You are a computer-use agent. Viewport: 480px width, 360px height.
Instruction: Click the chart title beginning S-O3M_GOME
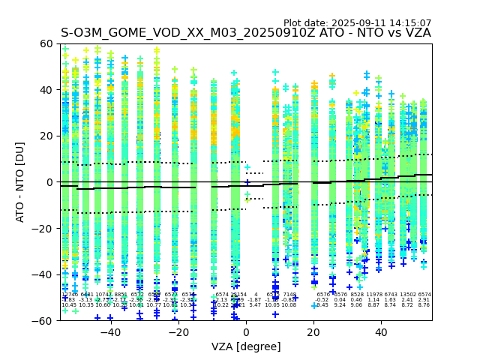246,33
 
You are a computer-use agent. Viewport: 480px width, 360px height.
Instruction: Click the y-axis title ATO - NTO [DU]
21,182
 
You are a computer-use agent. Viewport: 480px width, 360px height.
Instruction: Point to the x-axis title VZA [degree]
246,346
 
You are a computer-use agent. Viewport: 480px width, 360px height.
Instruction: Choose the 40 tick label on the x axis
381,332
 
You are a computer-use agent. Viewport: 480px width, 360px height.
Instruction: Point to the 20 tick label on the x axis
313,332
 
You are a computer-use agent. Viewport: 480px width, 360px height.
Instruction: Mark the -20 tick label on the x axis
178,332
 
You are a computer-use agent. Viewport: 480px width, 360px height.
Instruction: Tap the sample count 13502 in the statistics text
408,295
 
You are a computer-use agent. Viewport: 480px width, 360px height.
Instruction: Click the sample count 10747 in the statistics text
103,295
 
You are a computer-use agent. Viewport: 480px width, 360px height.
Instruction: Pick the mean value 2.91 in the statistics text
424,300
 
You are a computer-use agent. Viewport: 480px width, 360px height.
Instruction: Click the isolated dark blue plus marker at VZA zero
247,182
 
